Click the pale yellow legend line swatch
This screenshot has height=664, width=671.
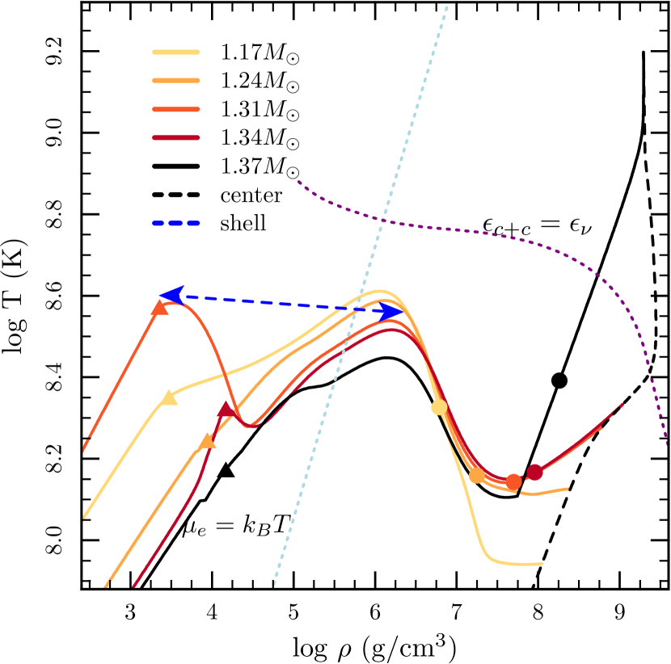tap(176, 53)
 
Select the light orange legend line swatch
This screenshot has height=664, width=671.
tap(176, 81)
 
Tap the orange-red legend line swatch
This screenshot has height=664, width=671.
tap(176, 109)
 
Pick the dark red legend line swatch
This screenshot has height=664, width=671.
tap(176, 137)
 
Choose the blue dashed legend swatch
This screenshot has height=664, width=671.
tap(176, 223)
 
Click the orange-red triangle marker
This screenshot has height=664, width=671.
tap(160, 307)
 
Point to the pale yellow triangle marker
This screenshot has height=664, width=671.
tap(169, 397)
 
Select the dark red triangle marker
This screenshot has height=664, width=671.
tap(226, 410)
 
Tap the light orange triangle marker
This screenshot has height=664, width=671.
tap(208, 441)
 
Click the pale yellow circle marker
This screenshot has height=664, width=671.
tap(439, 407)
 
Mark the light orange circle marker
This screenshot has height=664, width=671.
tap(477, 475)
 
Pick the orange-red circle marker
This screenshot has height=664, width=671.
tap(514, 481)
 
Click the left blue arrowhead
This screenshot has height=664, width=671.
tap(171, 295)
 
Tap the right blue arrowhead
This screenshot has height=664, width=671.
tap(394, 311)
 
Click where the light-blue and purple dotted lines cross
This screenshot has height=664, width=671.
tap(379, 220)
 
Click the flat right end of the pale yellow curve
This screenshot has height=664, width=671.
tap(540, 564)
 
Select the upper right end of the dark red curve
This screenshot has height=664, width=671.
tap(621, 404)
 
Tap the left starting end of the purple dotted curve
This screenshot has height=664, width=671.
tap(298, 182)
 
